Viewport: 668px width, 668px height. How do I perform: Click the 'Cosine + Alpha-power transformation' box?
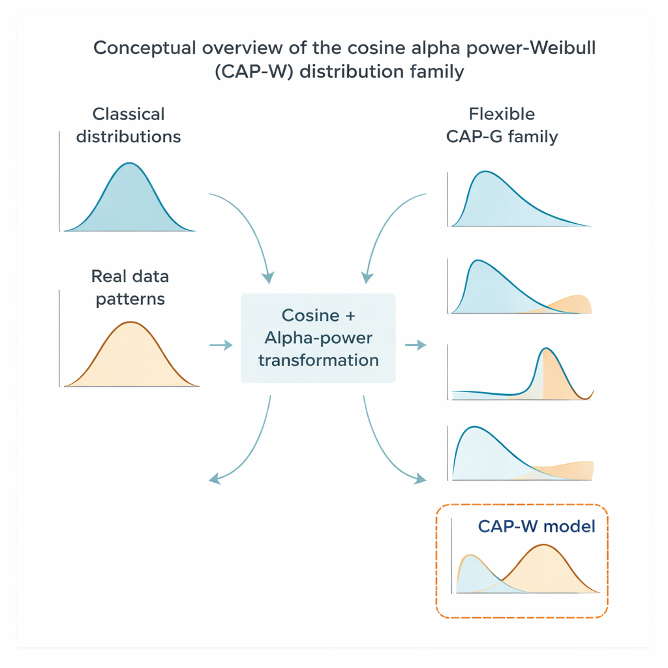318,338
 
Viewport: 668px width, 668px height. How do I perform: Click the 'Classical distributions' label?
129,125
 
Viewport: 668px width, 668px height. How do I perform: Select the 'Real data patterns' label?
130,288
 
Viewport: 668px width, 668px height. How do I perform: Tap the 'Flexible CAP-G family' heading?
502,125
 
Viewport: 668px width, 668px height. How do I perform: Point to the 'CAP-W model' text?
536,526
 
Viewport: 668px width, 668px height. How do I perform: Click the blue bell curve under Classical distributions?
130,202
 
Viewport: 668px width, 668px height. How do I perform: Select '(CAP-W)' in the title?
252,71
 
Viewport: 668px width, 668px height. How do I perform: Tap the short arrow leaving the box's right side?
416,344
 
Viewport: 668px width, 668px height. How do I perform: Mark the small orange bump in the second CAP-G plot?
574,305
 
